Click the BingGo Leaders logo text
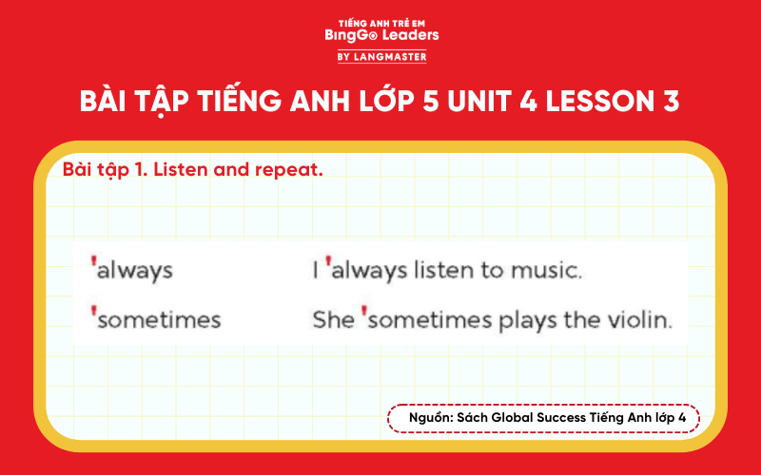point(381,35)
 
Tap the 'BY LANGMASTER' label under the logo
point(381,57)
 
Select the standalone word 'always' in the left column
point(135,271)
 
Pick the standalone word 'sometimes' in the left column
point(159,320)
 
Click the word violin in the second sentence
point(638,320)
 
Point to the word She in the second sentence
point(334,320)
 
